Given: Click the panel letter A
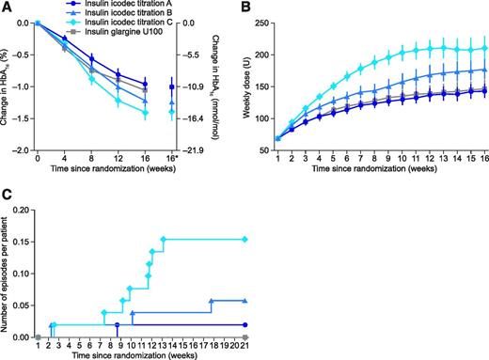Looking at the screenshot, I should coord(7,8).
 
